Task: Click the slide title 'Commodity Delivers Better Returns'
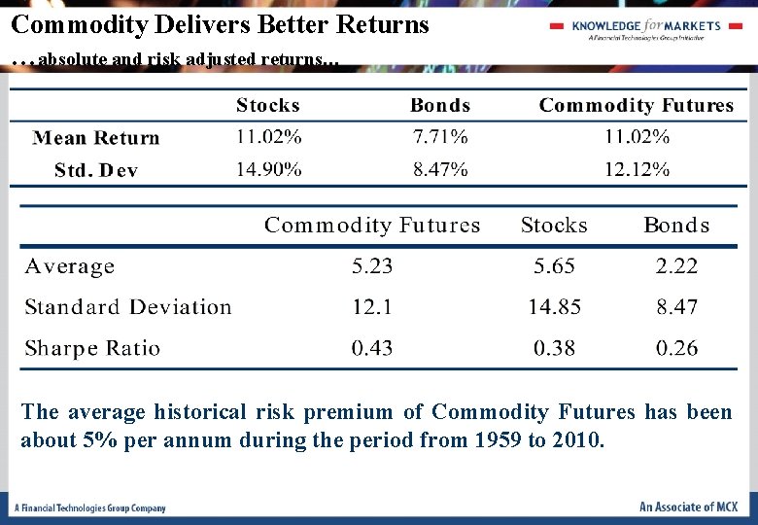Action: tap(220, 24)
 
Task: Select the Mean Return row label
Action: tap(96, 138)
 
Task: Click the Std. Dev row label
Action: tap(96, 170)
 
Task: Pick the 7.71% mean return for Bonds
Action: tap(440, 137)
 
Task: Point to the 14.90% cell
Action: tap(268, 169)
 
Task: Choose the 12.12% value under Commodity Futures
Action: tap(637, 169)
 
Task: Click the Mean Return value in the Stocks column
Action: tap(268, 137)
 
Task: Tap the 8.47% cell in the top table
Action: tap(440, 169)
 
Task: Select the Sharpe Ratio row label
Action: tap(92, 348)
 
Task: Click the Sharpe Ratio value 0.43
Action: tap(372, 348)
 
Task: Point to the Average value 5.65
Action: tap(554, 266)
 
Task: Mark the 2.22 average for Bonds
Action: tap(676, 266)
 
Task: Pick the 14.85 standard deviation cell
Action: tap(554, 307)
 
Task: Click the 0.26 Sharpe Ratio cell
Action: tap(676, 348)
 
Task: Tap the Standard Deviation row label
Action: tap(128, 307)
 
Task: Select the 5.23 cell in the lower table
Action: tap(372, 266)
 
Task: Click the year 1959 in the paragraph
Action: tap(500, 440)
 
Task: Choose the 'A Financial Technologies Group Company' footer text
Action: tap(90, 507)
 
